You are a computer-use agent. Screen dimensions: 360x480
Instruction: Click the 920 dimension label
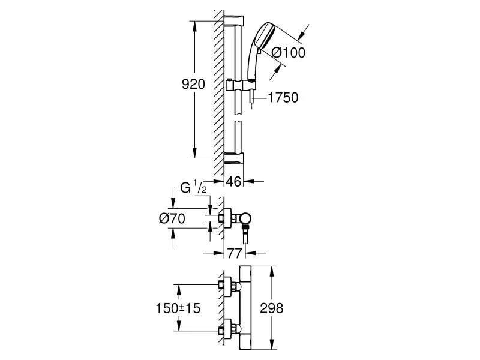(194, 85)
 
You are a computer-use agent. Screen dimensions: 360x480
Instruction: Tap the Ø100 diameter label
(289, 53)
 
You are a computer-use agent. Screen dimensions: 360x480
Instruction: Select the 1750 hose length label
(283, 97)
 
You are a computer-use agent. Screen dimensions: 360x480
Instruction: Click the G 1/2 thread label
(194, 190)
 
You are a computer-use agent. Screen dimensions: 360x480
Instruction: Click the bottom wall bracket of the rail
(235, 157)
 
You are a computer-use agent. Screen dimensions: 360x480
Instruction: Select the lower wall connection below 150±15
(227, 329)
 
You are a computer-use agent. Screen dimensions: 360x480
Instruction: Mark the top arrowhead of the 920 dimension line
(194, 25)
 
